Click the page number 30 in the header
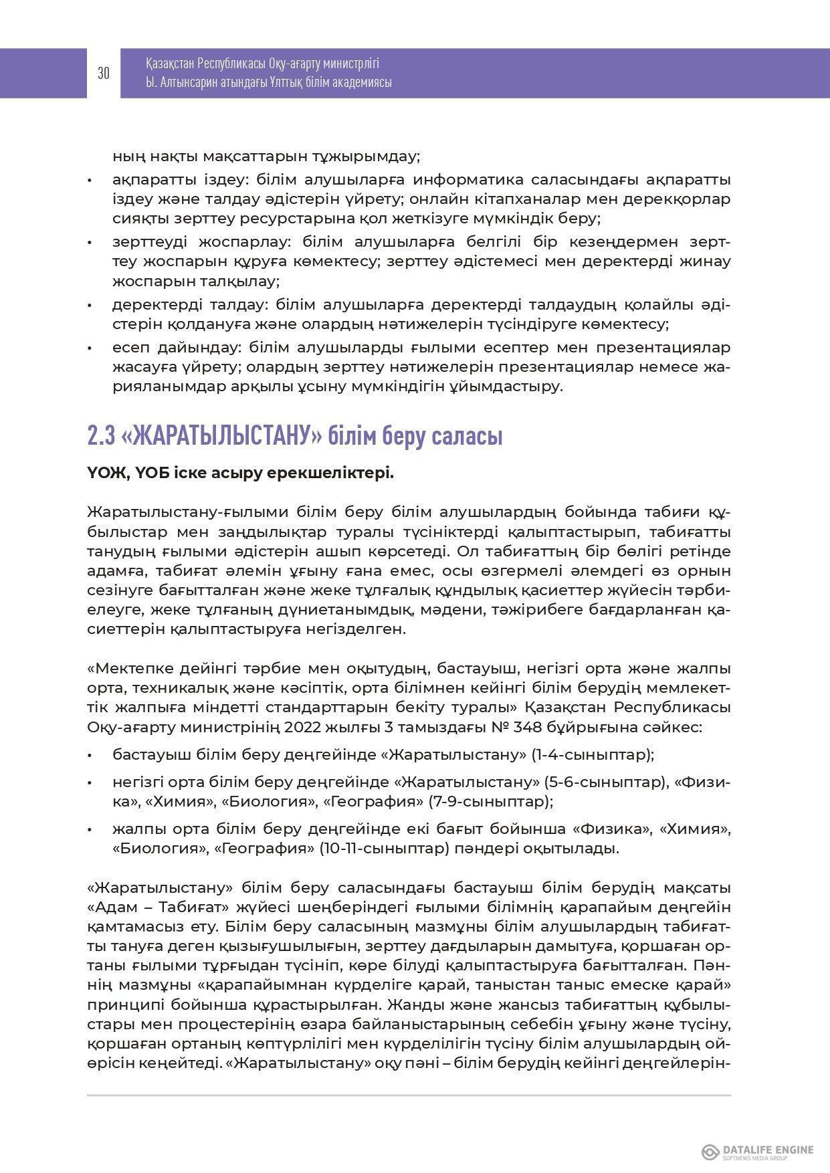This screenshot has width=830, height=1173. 104,74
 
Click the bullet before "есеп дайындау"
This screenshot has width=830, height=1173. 90,348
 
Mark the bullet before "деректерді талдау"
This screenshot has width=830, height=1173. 90,306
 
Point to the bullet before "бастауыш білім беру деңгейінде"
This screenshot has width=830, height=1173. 90,755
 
